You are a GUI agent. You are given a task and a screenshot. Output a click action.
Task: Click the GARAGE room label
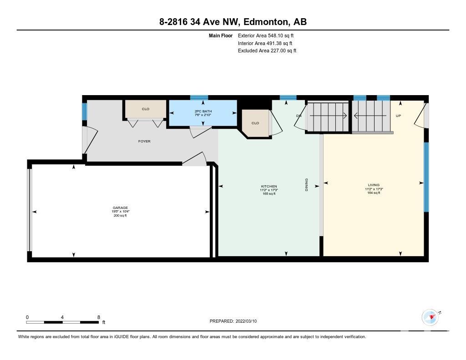click(x=120, y=208)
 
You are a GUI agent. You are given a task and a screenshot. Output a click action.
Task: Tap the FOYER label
click(x=144, y=141)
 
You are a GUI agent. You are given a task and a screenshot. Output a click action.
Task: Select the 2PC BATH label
click(x=203, y=111)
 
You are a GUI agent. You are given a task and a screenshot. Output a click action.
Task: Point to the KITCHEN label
click(x=269, y=187)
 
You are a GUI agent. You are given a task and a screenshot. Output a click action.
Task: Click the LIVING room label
click(x=374, y=185)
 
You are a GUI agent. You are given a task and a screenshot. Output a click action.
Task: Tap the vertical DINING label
click(x=306, y=185)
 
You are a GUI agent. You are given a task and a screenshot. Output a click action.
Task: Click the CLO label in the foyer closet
click(x=146, y=109)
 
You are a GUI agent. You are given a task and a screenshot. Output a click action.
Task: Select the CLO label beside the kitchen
click(x=255, y=123)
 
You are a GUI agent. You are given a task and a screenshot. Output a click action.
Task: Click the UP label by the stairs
click(x=398, y=116)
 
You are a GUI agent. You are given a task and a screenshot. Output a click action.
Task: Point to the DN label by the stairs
click(x=299, y=116)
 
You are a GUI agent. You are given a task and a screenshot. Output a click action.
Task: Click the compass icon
click(x=430, y=318)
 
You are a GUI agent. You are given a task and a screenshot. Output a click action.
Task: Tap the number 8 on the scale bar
click(x=99, y=317)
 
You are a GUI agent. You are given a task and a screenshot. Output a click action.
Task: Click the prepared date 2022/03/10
click(x=246, y=321)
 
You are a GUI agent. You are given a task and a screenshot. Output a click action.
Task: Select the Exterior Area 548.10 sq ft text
click(x=266, y=35)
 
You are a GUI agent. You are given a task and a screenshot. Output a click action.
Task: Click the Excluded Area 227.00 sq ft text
click(x=267, y=51)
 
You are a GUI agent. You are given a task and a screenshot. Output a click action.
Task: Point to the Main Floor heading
click(x=221, y=35)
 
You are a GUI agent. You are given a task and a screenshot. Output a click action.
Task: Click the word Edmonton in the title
click(x=265, y=22)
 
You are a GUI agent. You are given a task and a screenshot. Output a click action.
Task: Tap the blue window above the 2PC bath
click(x=199, y=97)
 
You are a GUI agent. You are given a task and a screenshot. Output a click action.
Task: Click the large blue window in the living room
click(x=426, y=177)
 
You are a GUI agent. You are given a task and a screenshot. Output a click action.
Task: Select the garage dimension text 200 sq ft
click(x=120, y=216)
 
